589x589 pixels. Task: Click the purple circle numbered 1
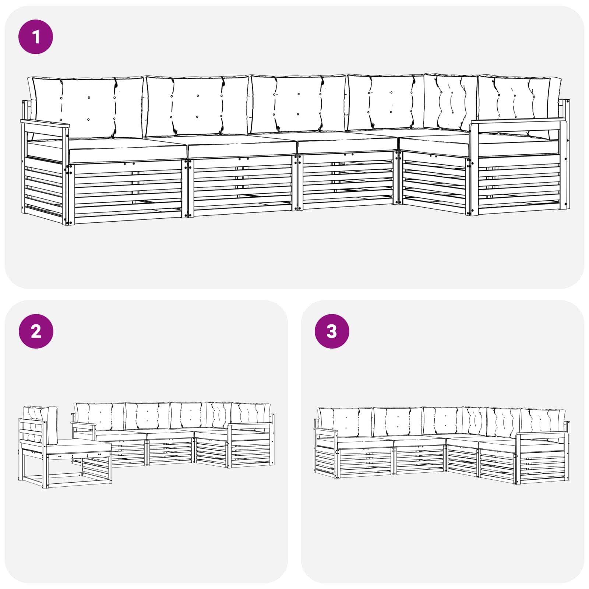pos(36,37)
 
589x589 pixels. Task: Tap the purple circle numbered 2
pos(36,331)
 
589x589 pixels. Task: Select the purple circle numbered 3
pos(332,331)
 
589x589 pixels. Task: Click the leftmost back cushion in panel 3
pos(344,422)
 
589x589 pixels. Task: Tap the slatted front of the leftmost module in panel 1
pos(127,191)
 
